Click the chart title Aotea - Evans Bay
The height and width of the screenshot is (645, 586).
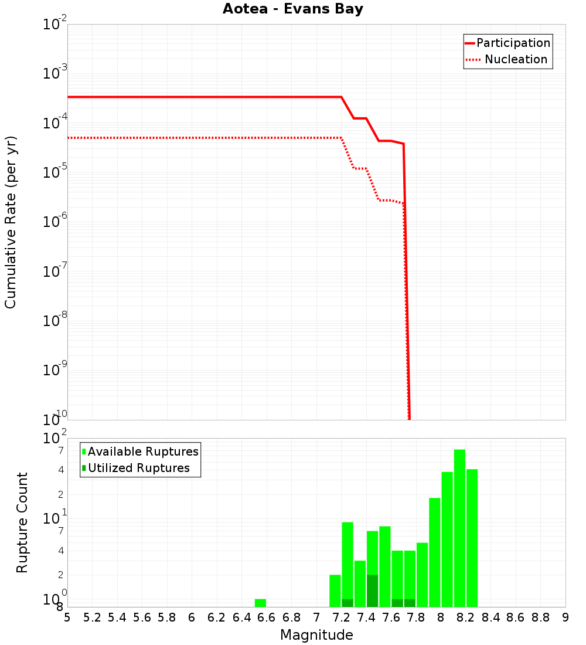click(292, 9)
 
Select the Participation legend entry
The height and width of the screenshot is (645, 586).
click(513, 43)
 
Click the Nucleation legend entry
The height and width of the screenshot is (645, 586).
click(515, 60)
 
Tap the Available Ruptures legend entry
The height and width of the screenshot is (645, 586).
click(142, 451)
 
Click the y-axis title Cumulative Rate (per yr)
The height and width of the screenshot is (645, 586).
click(11, 222)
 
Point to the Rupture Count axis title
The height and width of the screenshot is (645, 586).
click(22, 522)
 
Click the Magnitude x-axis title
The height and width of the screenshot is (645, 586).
click(316, 635)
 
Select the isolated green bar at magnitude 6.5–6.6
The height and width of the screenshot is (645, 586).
click(260, 603)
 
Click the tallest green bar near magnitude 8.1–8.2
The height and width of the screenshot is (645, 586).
click(459, 528)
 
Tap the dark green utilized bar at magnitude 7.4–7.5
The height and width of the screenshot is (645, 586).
click(372, 590)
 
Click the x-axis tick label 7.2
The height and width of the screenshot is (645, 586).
click(341, 617)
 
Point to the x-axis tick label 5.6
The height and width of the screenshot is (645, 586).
click(142, 617)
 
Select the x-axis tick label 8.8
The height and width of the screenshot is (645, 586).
click(540, 617)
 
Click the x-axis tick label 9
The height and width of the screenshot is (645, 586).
click(565, 617)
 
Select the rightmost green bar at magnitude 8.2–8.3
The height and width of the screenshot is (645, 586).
click(472, 538)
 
